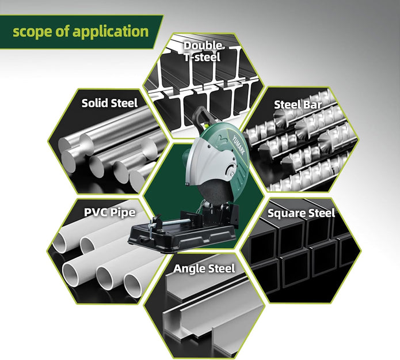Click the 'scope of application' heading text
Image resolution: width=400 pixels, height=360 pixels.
81,32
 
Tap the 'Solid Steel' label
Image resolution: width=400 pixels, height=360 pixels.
109,103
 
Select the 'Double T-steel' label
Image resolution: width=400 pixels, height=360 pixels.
203,51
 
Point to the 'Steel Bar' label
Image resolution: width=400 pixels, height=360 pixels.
298,105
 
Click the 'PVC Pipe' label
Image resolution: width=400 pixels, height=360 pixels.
110,213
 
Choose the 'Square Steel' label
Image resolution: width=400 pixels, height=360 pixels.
301,213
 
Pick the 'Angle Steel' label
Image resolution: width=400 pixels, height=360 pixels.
204,268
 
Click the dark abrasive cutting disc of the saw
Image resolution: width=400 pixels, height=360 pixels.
214,193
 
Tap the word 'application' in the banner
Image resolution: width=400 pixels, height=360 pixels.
111,32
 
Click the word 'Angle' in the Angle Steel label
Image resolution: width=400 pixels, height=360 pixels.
189,269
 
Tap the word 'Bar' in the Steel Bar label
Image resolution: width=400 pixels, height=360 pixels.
313,105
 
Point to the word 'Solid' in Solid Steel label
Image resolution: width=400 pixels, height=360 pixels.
94,103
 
